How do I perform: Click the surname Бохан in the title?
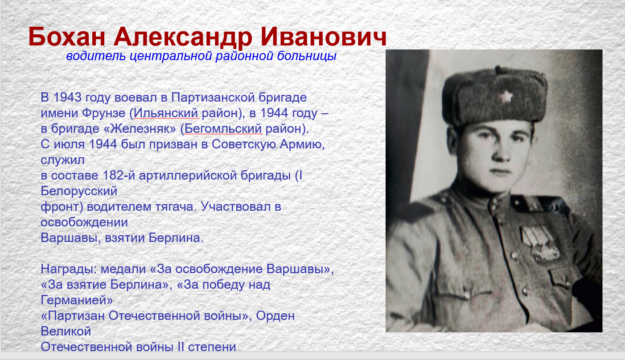point(67,37)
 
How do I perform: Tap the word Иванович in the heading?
point(323,37)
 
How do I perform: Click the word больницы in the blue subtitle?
point(307,56)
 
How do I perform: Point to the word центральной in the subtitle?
point(171,56)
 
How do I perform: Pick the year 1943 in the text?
point(67,97)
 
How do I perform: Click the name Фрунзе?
point(104,113)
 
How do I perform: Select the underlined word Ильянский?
point(166,113)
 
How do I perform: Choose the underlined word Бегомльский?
point(223,129)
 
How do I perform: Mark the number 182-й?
point(119,176)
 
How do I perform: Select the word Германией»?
point(77,300)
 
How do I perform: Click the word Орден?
point(275,316)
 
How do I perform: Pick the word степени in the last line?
point(212,347)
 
